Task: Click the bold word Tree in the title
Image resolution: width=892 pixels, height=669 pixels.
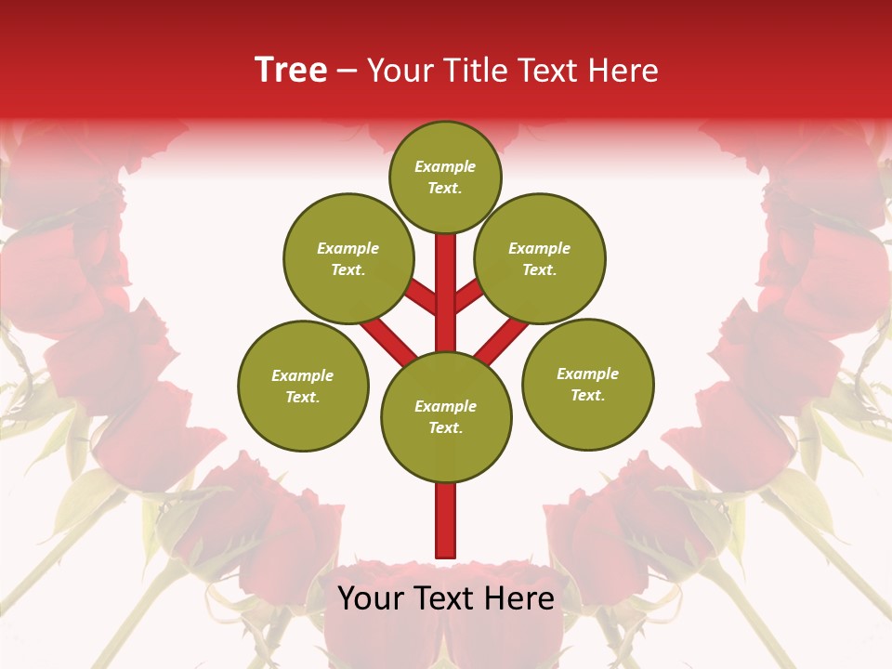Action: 291,71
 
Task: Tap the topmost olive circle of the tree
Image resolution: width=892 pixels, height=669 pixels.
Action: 445,177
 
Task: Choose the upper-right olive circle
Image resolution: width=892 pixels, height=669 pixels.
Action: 539,258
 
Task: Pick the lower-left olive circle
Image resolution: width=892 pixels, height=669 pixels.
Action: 303,386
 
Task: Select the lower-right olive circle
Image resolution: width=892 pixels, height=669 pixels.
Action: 587,384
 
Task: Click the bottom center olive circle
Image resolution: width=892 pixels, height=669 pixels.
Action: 446,416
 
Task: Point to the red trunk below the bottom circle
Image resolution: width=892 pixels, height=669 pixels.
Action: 446,520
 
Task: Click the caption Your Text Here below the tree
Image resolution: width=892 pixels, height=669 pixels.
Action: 446,598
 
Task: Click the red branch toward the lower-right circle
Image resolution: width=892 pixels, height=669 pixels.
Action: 502,338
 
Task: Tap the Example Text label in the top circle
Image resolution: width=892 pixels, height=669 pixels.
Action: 445,177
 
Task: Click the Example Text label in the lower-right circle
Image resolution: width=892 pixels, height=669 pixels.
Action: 587,384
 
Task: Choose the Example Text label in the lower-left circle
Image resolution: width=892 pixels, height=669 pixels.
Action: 303,386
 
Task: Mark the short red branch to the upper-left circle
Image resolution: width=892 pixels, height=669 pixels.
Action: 423,297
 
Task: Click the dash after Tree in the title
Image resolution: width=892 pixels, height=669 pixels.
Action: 348,71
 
